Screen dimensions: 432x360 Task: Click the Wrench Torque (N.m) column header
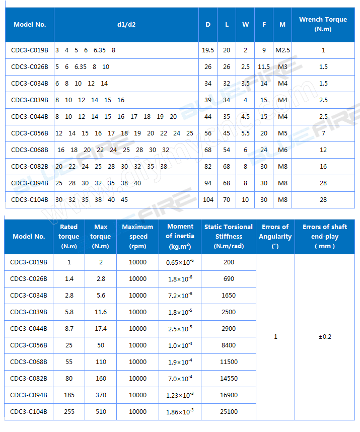[x=323, y=24]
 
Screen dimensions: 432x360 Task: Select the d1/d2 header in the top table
[x=126, y=24]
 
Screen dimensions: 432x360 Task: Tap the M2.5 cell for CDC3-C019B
[x=282, y=50]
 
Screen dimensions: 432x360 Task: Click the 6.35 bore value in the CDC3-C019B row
[x=99, y=50]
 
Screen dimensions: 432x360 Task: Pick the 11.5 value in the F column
[x=264, y=67]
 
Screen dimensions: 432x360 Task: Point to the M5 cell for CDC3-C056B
[x=282, y=133]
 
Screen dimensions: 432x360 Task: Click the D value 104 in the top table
[x=208, y=200]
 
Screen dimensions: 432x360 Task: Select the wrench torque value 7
[x=323, y=133]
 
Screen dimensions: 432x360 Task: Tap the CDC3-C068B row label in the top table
[x=30, y=150]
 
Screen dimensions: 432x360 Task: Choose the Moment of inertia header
[x=180, y=237]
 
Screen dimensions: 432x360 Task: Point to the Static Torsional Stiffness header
[x=228, y=237]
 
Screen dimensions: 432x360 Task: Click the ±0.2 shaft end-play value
[x=325, y=337]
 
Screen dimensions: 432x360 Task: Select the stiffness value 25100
[x=229, y=412]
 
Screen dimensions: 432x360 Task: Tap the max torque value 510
[x=101, y=412]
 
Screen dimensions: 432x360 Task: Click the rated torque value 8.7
[x=69, y=329]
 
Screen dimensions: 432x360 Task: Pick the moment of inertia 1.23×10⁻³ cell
[x=180, y=395]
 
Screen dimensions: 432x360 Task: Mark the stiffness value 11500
[x=229, y=362]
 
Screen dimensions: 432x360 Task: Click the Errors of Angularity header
[x=275, y=237]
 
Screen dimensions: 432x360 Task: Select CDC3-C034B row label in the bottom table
[x=29, y=296]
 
